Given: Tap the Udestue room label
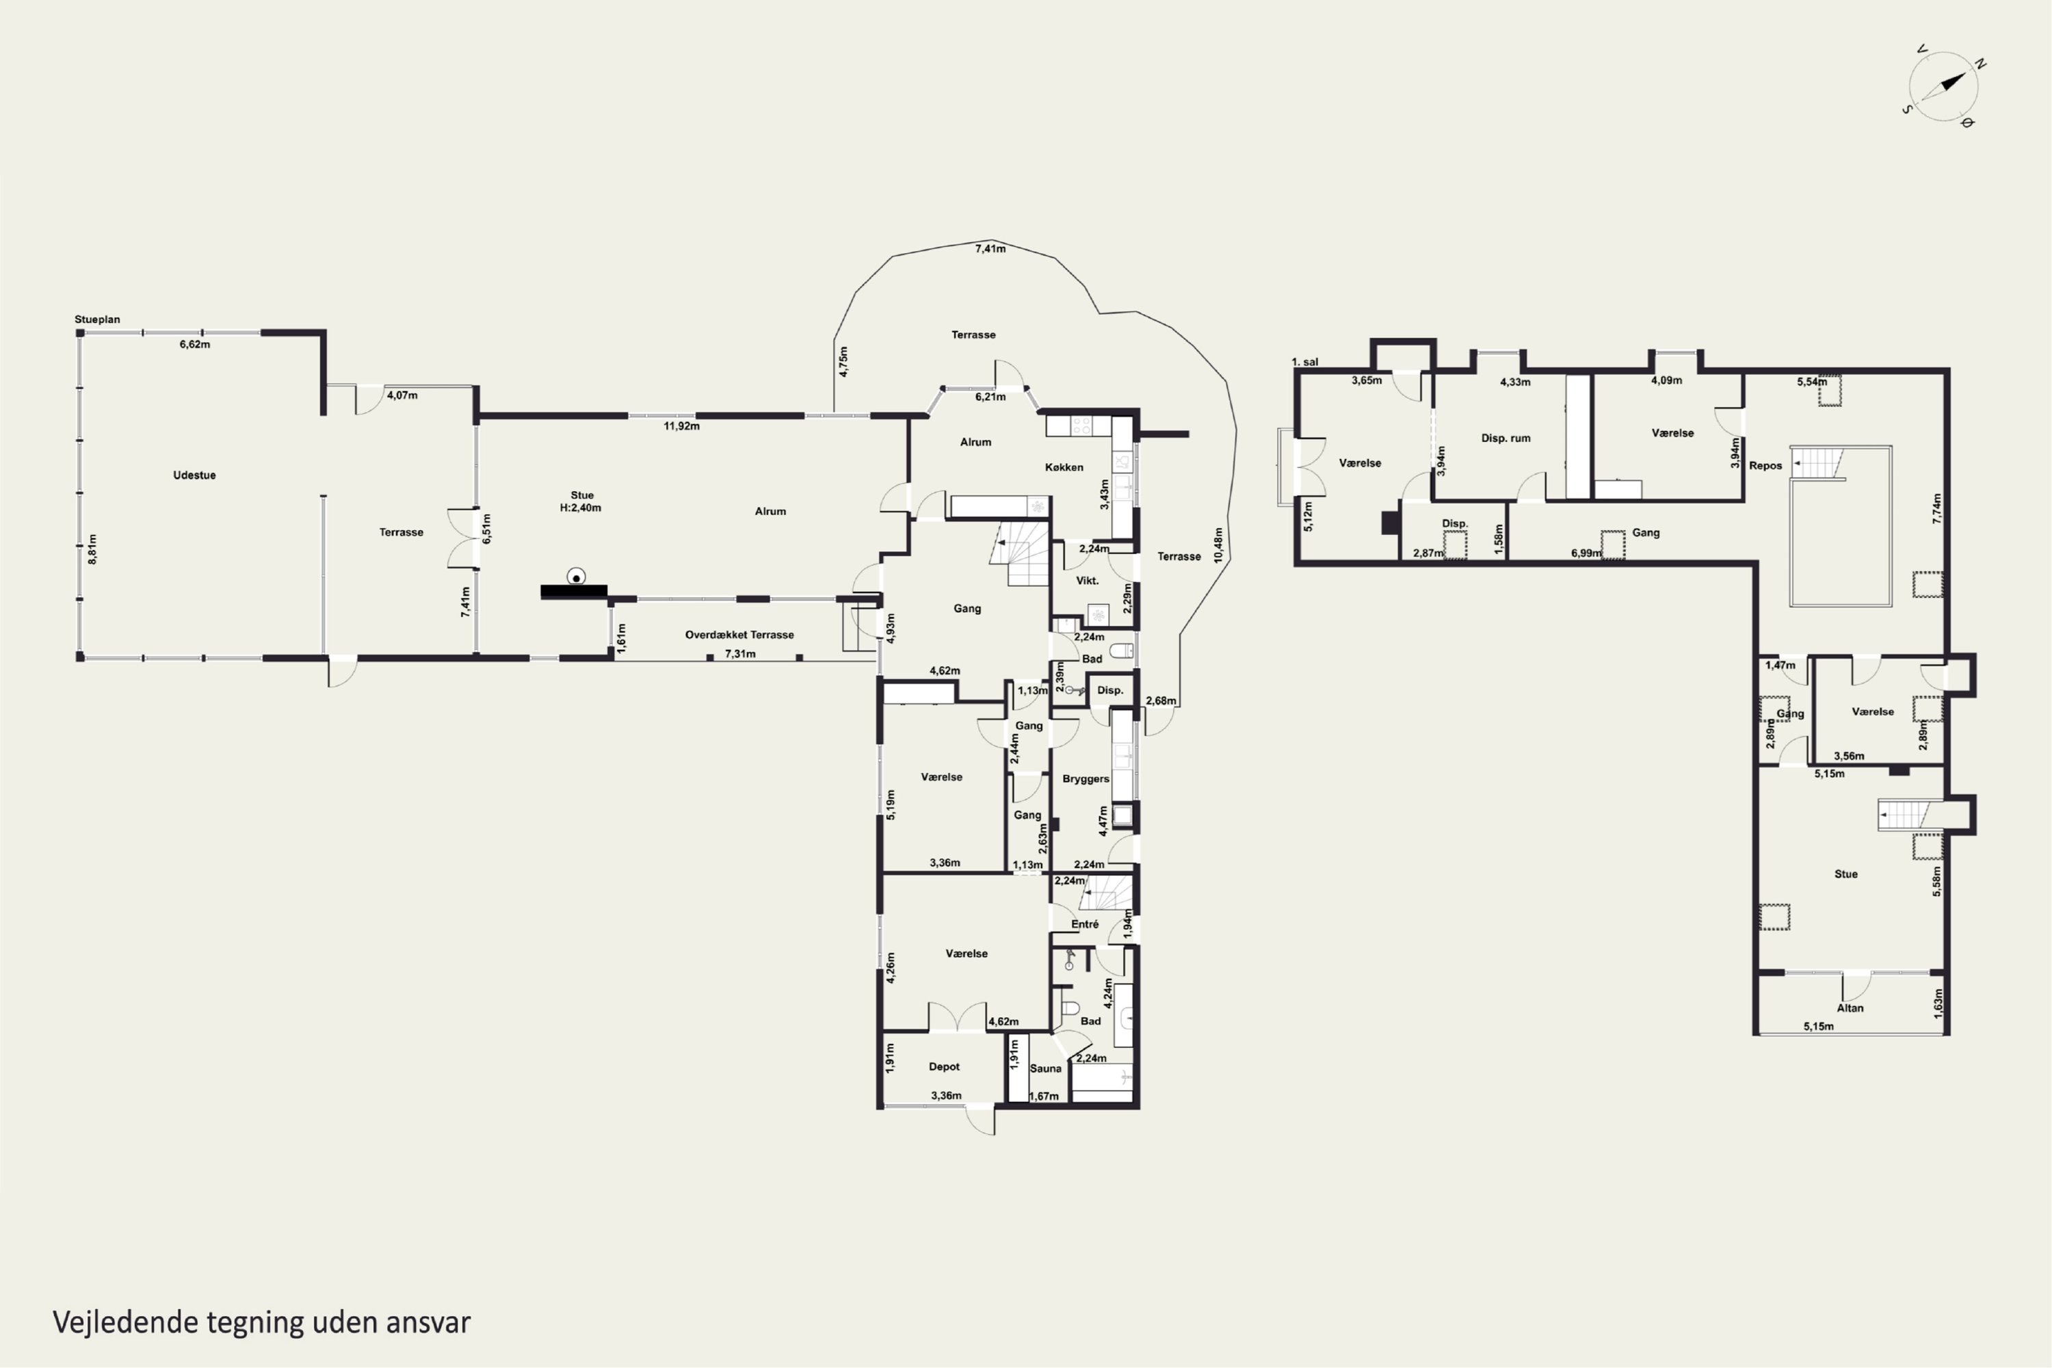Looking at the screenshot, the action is click(x=194, y=475).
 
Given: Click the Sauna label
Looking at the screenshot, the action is click(x=1045, y=1068).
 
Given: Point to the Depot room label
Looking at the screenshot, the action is click(x=944, y=1067).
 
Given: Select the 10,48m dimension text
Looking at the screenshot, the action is click(x=1219, y=544).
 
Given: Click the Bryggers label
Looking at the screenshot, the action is click(x=1086, y=779).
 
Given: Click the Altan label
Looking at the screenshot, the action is click(x=1850, y=1008).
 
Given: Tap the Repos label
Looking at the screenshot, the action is click(x=1766, y=466).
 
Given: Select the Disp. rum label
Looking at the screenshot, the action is click(x=1506, y=438).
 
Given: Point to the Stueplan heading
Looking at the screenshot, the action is click(x=98, y=319).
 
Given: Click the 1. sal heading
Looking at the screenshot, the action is click(x=1305, y=362).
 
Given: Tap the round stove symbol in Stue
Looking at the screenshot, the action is click(x=576, y=577).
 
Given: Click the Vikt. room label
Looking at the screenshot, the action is click(x=1087, y=581).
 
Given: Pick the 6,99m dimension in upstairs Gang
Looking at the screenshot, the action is click(x=1586, y=553).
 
